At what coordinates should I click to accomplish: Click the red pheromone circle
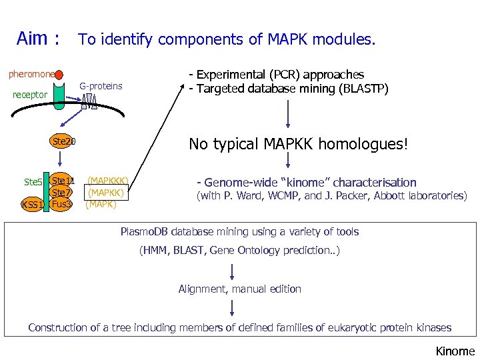pyautogui.click(x=59, y=75)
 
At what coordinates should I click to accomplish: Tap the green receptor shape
pyautogui.click(x=59, y=96)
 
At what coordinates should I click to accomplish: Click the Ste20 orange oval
pyautogui.click(x=64, y=141)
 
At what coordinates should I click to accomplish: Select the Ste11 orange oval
pyautogui.click(x=63, y=180)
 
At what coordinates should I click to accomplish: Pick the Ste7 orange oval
pyautogui.click(x=62, y=193)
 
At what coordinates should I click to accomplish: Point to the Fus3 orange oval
pyautogui.click(x=61, y=204)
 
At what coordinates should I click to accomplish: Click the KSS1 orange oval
pyautogui.click(x=32, y=205)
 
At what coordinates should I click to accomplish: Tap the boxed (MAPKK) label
pyautogui.click(x=105, y=193)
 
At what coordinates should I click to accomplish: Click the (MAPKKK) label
pyautogui.click(x=107, y=180)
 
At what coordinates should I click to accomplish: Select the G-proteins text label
pyautogui.click(x=101, y=86)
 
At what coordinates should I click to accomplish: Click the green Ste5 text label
pyautogui.click(x=33, y=181)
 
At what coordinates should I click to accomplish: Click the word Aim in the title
pyautogui.click(x=32, y=39)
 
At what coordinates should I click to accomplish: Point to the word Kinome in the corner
pyautogui.click(x=455, y=351)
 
